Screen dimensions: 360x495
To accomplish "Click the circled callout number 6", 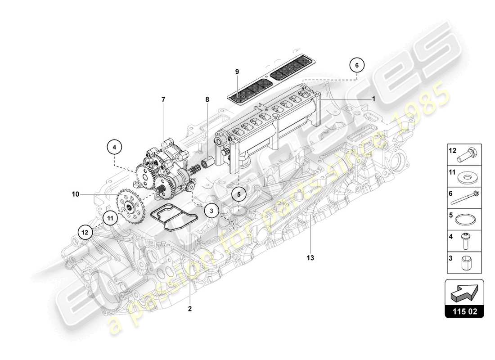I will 357,65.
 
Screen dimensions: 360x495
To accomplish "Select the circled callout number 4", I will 114,147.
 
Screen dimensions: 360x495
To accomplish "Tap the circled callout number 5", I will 239,194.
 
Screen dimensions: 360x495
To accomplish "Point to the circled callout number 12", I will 84,232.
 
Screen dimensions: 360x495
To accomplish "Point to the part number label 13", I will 310,258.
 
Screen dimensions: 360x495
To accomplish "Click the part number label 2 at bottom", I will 190,309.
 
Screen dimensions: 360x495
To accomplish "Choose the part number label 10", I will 75,194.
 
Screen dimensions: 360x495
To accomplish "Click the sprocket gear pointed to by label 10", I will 130,207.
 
